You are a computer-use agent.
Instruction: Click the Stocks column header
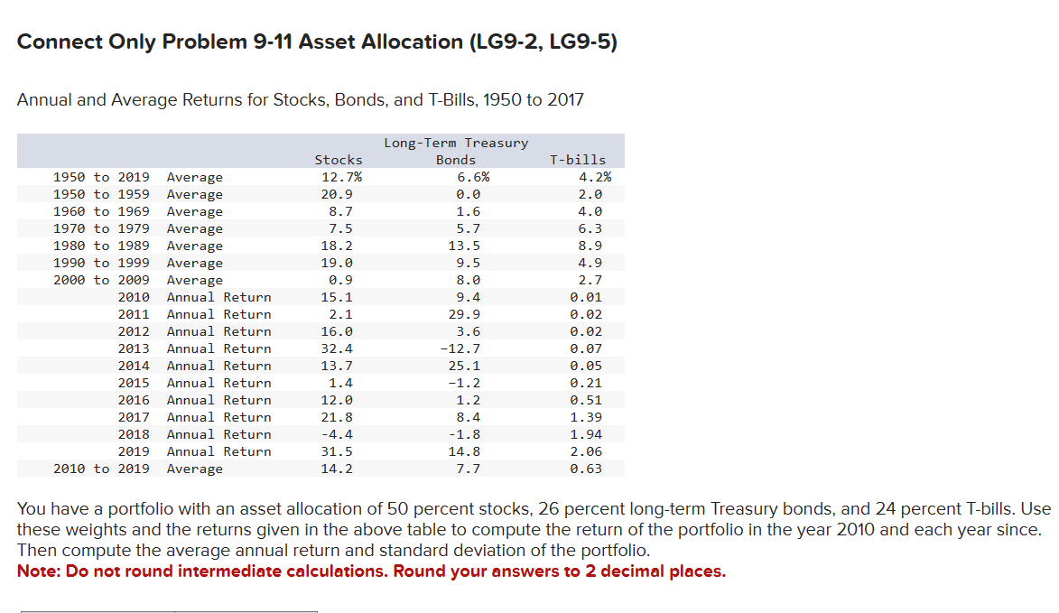[x=338, y=160]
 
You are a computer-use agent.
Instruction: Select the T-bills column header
[x=578, y=160]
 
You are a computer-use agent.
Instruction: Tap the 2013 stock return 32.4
[x=337, y=348]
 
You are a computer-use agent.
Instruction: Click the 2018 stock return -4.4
[x=337, y=434]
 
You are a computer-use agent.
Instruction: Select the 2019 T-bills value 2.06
[x=586, y=451]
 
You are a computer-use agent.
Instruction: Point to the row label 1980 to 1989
[x=101, y=246]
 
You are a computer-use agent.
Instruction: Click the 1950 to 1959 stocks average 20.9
[x=337, y=194]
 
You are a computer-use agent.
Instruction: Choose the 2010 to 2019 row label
[x=101, y=469]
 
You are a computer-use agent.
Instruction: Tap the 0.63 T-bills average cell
[x=586, y=469]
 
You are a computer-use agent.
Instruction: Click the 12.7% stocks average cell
[x=340, y=177]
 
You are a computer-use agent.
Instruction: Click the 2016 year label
[x=134, y=400]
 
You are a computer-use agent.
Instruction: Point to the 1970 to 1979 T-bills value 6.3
[x=590, y=228]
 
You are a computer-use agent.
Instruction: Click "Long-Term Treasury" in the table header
[x=456, y=143]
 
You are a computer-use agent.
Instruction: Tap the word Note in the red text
[x=37, y=571]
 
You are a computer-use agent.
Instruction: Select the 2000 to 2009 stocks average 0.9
[x=340, y=280]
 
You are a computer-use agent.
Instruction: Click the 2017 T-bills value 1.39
[x=586, y=417]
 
